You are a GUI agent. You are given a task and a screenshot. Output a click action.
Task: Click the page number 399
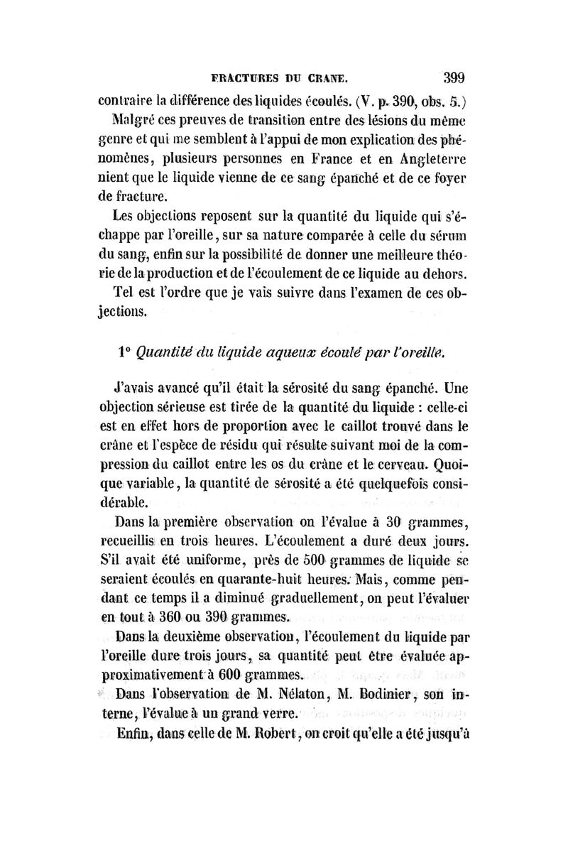(452, 76)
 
